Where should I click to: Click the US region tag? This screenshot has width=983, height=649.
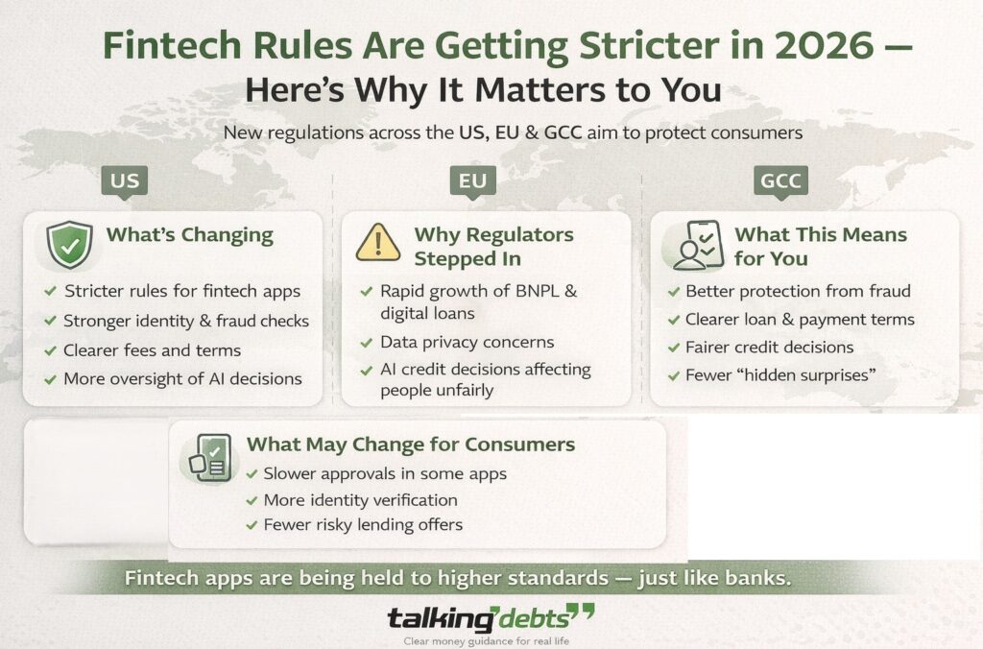click(125, 180)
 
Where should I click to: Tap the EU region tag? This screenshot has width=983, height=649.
click(472, 180)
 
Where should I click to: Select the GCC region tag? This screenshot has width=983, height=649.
click(780, 180)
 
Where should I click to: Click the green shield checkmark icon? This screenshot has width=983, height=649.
click(70, 244)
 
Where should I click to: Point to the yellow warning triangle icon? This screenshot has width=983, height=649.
click(378, 244)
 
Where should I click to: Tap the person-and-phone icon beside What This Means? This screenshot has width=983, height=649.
click(692, 246)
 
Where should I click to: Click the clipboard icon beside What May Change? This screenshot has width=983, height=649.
click(209, 456)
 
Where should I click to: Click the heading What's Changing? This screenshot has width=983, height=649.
click(189, 235)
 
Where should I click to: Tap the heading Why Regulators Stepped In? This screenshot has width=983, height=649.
click(493, 247)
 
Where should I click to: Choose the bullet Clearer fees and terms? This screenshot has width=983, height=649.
click(152, 349)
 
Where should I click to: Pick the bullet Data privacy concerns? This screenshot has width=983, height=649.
click(468, 342)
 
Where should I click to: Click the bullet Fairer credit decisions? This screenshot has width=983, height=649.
click(769, 347)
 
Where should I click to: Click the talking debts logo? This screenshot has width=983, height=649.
click(491, 616)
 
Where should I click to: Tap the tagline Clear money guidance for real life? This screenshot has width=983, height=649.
click(491, 640)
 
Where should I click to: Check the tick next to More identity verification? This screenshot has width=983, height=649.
click(252, 499)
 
